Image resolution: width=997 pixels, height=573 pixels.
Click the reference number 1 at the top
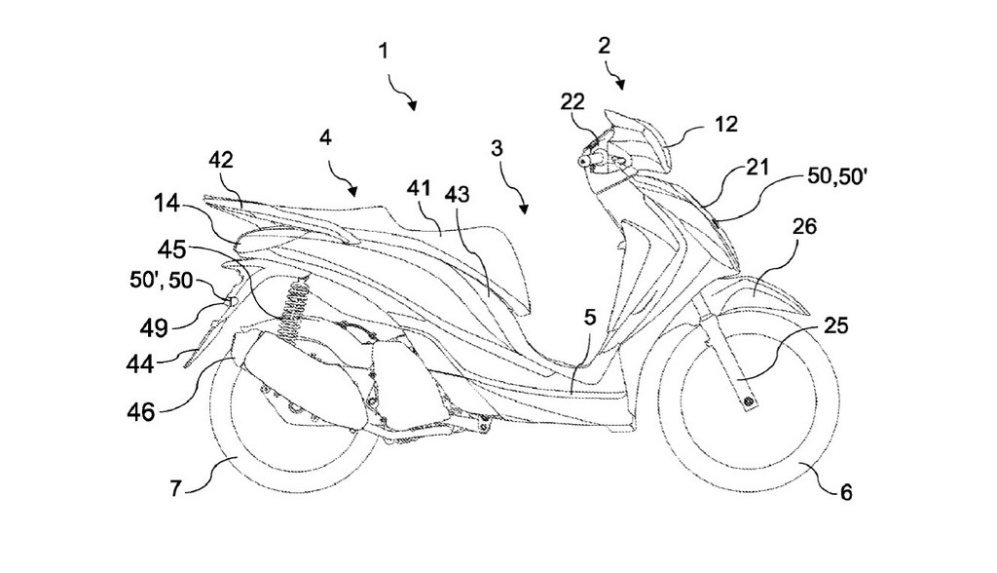(383, 51)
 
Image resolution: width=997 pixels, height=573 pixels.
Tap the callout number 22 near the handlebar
(572, 101)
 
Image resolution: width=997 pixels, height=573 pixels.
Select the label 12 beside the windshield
(725, 124)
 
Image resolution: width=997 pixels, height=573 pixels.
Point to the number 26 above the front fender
(804, 226)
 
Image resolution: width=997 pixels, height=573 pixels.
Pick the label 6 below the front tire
(846, 491)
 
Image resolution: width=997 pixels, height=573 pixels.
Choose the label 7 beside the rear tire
(175, 488)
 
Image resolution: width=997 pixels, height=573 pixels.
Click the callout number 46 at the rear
(140, 412)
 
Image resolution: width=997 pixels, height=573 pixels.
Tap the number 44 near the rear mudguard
(140, 365)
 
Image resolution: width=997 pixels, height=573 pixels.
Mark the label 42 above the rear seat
(220, 160)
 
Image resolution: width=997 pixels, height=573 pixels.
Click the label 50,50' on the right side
(837, 176)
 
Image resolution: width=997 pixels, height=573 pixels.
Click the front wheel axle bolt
(748, 401)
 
